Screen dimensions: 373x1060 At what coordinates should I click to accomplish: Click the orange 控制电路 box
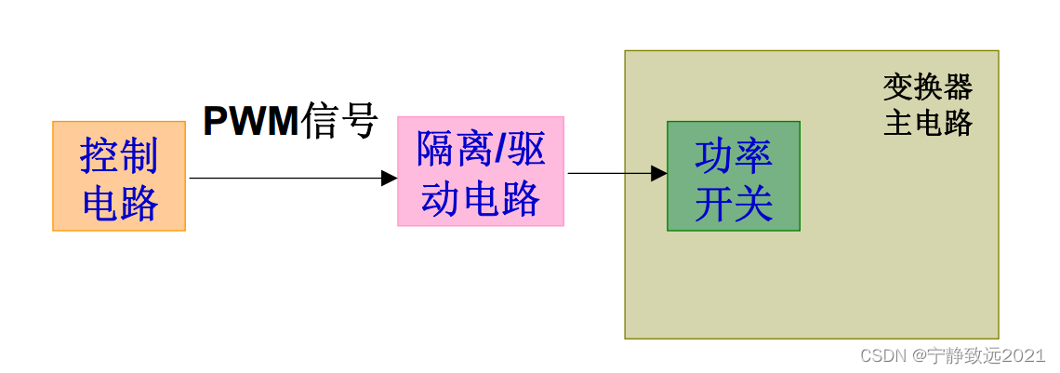click(119, 176)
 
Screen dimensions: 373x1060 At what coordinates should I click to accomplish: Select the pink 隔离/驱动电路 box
click(481, 171)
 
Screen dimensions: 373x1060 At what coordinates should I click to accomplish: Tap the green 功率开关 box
click(733, 176)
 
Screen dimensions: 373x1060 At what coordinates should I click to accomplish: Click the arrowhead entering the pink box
click(390, 178)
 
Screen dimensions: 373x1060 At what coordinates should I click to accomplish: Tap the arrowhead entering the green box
click(659, 173)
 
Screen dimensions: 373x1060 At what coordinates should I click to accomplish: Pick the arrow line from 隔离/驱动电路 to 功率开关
click(609, 173)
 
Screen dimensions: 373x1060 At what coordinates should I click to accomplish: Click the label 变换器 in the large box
click(927, 87)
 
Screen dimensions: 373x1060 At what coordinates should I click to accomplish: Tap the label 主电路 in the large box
click(927, 122)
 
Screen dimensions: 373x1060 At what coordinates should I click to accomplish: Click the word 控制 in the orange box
click(119, 155)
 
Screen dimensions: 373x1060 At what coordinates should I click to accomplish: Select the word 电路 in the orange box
click(119, 202)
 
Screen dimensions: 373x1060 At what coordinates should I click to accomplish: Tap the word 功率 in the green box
click(733, 155)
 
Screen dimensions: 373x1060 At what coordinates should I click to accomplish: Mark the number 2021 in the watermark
click(1024, 355)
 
